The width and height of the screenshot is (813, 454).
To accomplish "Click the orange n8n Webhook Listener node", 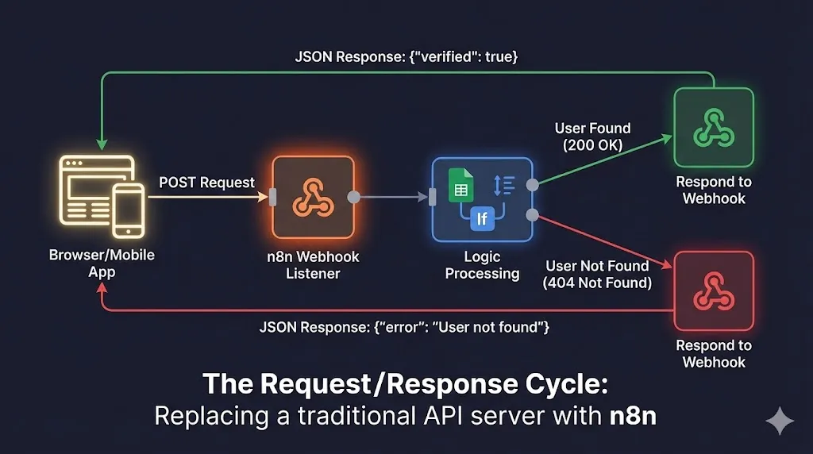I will click(312, 198).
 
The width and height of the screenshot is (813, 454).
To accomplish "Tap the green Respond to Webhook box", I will click(713, 127).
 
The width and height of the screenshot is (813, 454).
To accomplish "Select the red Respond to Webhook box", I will click(713, 290).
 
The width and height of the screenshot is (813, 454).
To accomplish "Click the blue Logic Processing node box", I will click(482, 198).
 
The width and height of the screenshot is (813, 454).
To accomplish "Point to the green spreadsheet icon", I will click(461, 185).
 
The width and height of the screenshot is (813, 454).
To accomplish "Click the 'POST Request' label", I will click(206, 183).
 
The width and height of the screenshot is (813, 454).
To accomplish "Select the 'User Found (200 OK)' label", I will click(592, 137).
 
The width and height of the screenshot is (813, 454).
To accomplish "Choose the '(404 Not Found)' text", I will click(597, 283).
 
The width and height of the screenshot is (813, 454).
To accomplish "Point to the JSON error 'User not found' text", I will click(404, 327).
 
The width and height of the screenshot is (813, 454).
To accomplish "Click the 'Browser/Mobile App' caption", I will click(102, 264).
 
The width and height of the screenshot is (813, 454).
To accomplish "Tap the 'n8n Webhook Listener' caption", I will click(313, 265).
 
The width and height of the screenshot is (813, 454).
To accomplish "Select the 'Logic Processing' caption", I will click(482, 265).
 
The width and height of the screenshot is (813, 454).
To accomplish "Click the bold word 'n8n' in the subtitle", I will click(628, 415).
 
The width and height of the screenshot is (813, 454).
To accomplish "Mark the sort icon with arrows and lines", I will click(504, 185).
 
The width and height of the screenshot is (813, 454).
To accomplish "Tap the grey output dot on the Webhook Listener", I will click(354, 198).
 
